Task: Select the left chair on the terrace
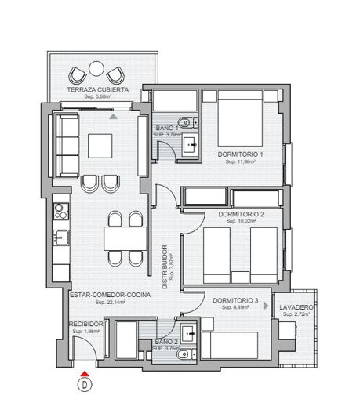(x=79, y=74)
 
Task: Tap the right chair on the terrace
(x=115, y=74)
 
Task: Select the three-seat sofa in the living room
(x=64, y=146)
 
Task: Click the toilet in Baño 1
(x=184, y=122)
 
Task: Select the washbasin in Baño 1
(x=189, y=145)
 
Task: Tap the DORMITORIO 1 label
(x=239, y=155)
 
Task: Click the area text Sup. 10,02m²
(x=241, y=222)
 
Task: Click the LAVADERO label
(x=296, y=307)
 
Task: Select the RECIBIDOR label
(x=83, y=323)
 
